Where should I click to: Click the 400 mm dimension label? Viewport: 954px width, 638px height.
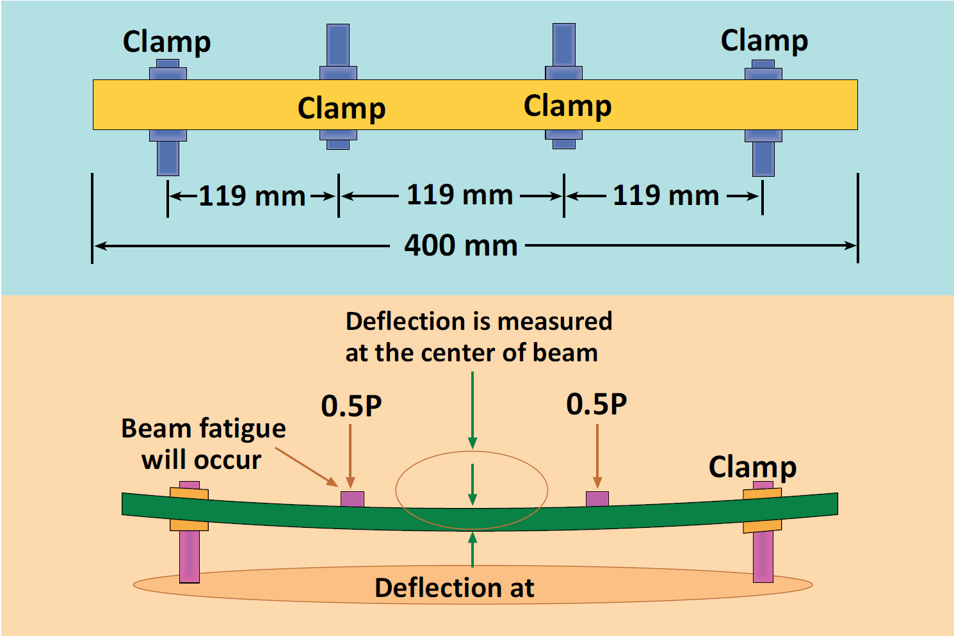coord(461,245)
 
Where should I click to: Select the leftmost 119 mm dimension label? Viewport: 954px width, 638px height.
coord(252,196)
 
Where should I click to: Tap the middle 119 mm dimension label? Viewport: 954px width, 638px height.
coord(460,195)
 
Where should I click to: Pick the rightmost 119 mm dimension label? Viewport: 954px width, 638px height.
coord(666,195)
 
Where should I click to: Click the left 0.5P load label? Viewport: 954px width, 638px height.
coord(352,406)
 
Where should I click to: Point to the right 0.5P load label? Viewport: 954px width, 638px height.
coord(597,404)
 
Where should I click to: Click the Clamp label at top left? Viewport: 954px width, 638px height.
coord(166,42)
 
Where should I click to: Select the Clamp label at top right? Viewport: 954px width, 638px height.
coord(764,40)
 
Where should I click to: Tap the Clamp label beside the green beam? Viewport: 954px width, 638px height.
coord(752,467)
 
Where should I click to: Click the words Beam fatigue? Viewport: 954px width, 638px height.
coord(204,429)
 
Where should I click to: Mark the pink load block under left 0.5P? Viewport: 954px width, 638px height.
coord(352,499)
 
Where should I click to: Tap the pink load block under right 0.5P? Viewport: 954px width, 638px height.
coord(597,498)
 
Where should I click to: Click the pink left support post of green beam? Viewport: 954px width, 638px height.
coord(190,556)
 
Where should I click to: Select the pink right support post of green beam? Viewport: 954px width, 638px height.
coord(763,556)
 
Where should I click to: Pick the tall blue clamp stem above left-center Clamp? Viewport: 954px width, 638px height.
coord(338,45)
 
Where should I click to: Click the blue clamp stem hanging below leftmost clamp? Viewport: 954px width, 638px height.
coord(168,158)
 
